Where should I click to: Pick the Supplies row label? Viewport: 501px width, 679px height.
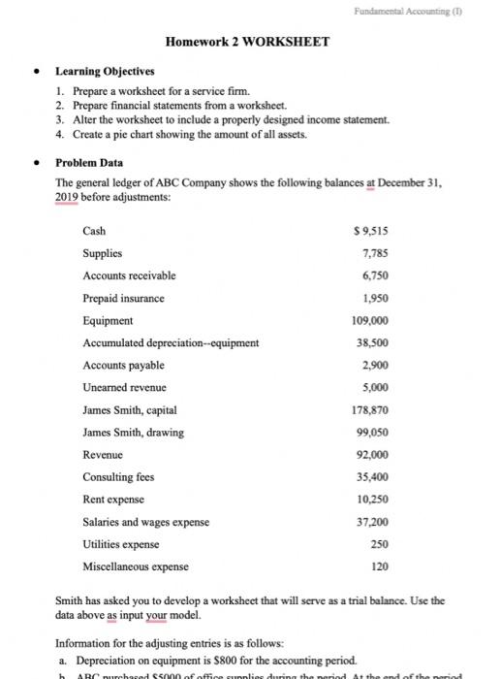103,253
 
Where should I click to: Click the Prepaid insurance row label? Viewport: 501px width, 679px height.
123,298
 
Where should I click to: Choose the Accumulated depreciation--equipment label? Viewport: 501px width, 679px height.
171,342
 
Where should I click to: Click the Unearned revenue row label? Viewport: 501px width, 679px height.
123,387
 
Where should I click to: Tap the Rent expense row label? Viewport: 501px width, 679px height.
113,499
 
